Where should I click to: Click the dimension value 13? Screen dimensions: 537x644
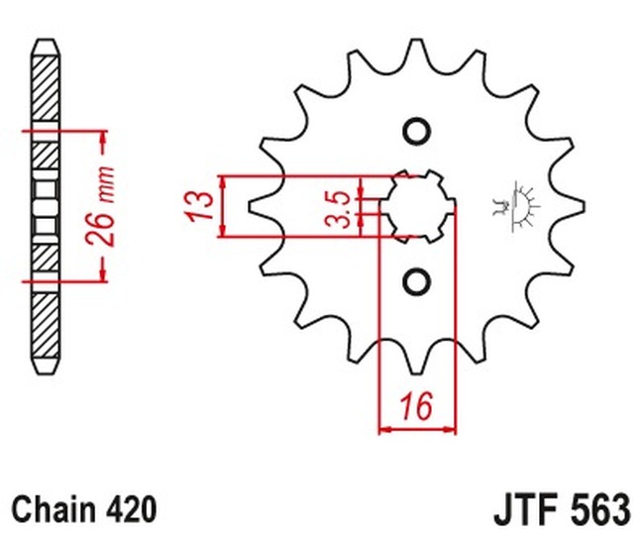coord(201,206)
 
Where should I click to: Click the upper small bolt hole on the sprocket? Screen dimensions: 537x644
coord(416,132)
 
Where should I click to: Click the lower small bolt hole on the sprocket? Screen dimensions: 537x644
coord(416,281)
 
